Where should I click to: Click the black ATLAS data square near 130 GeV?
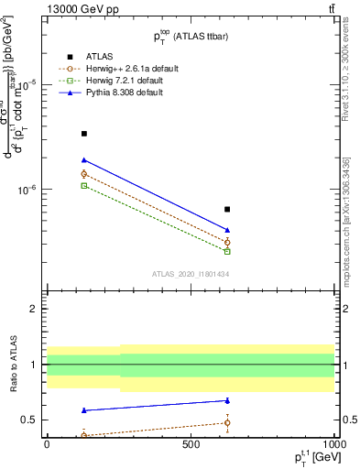tap(84, 134)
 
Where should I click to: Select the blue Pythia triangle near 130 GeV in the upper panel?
tap(84, 160)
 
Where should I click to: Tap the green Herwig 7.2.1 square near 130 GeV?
tap(84, 186)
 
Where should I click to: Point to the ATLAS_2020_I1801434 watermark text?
tap(191, 274)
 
